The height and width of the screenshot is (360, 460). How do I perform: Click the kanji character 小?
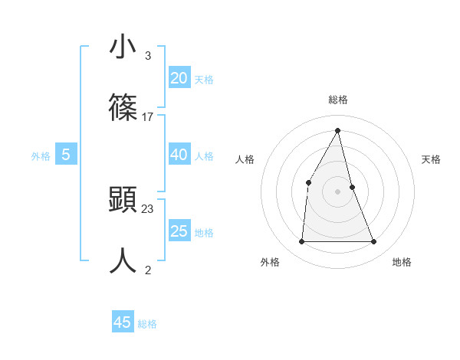(x=123, y=47)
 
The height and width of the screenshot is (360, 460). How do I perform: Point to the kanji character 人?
(x=123, y=260)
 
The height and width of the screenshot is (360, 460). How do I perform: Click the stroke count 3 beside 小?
(x=147, y=56)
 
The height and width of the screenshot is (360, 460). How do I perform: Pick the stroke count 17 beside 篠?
(x=148, y=117)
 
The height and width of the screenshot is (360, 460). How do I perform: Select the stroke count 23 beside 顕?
(x=148, y=209)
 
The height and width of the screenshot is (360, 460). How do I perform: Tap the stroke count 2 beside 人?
(x=147, y=270)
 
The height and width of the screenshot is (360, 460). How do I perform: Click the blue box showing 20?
(x=179, y=77)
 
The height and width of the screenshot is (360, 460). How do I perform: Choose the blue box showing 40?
(x=179, y=155)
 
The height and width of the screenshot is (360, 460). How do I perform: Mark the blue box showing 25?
(x=179, y=231)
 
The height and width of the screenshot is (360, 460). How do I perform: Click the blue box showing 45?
(x=123, y=322)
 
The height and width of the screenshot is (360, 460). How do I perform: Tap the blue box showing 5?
(x=66, y=155)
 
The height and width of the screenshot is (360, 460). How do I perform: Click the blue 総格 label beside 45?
(x=147, y=324)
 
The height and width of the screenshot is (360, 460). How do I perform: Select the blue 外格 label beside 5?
(x=41, y=156)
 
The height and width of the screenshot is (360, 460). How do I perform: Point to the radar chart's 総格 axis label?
(x=338, y=100)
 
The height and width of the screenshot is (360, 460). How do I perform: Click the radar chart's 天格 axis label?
(x=432, y=159)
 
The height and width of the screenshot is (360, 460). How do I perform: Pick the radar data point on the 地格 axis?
(x=374, y=241)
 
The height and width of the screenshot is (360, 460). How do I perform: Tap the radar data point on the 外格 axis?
(x=301, y=241)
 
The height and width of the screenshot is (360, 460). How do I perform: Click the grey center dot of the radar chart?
(x=338, y=191)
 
